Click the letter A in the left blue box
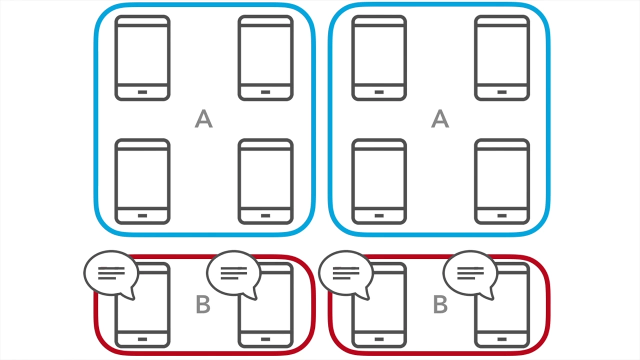(203, 119)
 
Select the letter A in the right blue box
(440, 119)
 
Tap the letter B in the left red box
(203, 304)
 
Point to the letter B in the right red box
(440, 304)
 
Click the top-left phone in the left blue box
(142, 58)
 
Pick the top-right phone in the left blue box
(265, 58)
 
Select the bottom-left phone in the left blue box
(142, 181)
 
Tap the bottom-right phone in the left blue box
(265, 181)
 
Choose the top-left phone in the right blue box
(379, 58)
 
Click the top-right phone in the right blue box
(502, 58)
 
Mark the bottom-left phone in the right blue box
(379, 181)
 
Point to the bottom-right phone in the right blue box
(502, 181)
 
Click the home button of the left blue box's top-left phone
(142, 92)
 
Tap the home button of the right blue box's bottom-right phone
(502, 215)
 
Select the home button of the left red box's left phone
(142, 339)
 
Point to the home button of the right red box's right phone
(502, 339)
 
